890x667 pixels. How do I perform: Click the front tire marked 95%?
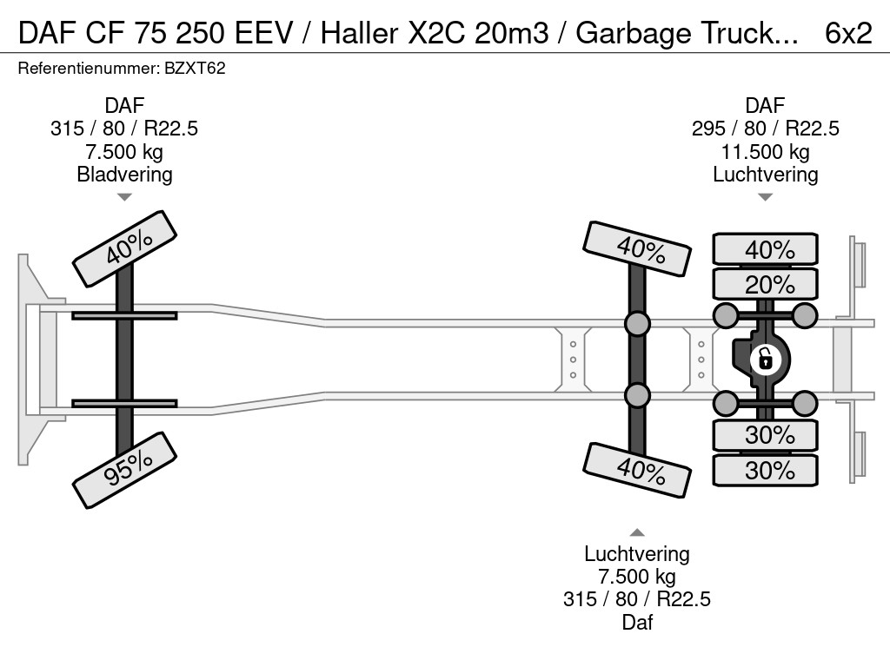(124, 469)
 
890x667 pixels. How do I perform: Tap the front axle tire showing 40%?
(124, 249)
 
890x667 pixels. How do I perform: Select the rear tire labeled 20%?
(765, 284)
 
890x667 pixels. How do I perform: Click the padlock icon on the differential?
(765, 358)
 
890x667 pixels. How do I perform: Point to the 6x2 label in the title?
(848, 32)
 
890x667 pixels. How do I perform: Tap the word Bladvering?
(124, 175)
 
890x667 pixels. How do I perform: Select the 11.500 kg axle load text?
(765, 152)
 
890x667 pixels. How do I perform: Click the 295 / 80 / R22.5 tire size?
(765, 129)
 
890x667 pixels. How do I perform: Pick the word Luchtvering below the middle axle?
(637, 554)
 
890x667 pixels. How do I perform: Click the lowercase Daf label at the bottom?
(637, 622)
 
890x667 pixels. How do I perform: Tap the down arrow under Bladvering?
(124, 198)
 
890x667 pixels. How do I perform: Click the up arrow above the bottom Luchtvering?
(637, 532)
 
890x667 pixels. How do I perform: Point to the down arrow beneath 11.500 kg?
(765, 197)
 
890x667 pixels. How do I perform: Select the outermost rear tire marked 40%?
(765, 249)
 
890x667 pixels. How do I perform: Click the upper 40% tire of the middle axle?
(637, 248)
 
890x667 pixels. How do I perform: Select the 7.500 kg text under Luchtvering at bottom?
(637, 577)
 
